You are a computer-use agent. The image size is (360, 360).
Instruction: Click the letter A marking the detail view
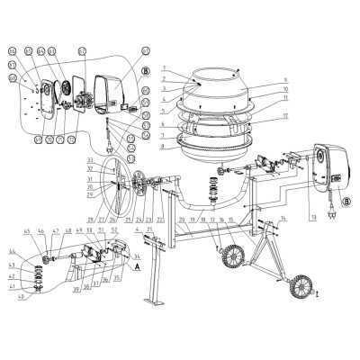[x=137, y=267]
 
